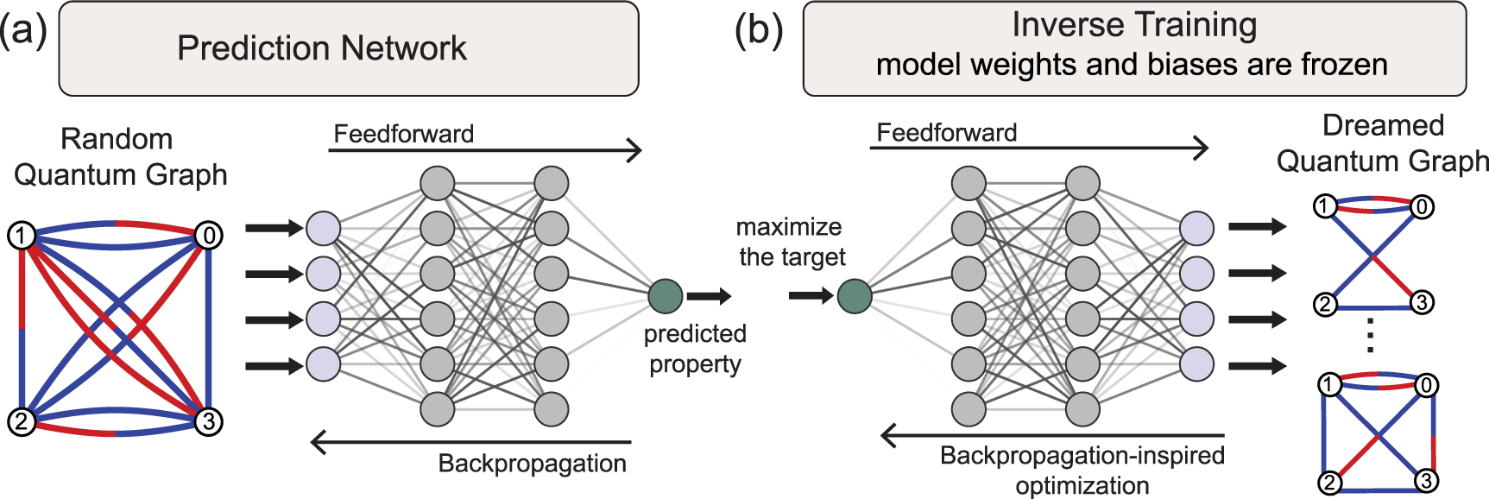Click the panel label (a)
[23, 32]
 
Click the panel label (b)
[758, 32]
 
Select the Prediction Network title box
[348, 48]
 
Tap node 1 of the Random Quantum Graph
[22, 235]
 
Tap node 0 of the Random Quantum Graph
[208, 235]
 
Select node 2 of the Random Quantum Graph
[22, 421]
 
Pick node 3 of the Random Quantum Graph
[208, 421]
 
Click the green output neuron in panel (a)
[665, 295]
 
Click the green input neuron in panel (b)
[854, 295]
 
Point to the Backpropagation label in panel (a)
[532, 464]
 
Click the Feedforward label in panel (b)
[946, 132]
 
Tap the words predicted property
[695, 349]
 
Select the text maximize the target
[790, 242]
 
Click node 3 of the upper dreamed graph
[1421, 302]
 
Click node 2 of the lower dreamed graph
[1330, 482]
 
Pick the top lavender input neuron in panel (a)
[323, 228]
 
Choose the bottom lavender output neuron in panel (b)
[1196, 363]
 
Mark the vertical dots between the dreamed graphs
[1371, 336]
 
